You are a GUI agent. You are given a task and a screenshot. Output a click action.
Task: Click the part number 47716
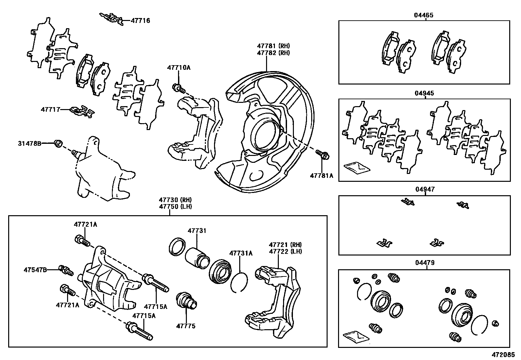[140, 21]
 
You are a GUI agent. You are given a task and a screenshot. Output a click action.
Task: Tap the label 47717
[50, 109]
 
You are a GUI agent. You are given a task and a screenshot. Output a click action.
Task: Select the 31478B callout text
[29, 143]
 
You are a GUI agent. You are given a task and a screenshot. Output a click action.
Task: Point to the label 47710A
[179, 68]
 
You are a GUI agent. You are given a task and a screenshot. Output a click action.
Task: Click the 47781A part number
[321, 176]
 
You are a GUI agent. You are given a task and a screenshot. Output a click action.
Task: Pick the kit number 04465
[424, 15]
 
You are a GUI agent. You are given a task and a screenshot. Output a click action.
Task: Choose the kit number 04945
[424, 93]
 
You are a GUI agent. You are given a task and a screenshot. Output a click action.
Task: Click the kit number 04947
[424, 189]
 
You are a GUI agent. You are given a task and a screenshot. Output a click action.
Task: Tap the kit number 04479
[424, 263]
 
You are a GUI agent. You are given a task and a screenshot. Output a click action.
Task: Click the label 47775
[186, 326]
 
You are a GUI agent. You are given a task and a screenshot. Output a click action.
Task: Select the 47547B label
[35, 270]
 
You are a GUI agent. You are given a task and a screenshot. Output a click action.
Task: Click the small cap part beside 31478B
[59, 143]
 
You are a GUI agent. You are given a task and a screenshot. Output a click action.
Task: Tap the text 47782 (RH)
[273, 53]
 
